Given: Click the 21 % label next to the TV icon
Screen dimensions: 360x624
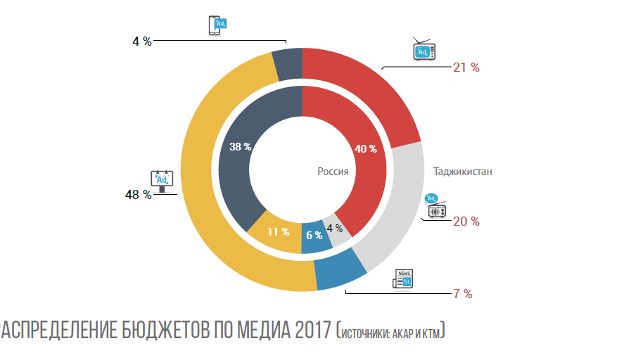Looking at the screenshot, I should coord(466,67).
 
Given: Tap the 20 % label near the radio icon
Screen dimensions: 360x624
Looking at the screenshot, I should coord(466,221).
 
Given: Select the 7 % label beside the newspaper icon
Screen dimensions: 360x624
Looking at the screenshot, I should coord(461,294).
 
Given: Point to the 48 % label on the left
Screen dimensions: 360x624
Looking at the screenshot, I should coord(138,195).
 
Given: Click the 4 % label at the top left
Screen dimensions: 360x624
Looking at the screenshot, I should coord(141,41).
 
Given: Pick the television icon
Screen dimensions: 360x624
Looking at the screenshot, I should coord(424,51).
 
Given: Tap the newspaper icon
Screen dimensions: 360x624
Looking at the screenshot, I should coord(403,279).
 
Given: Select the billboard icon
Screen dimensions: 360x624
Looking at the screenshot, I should coord(163,181).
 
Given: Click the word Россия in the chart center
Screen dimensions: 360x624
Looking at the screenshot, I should coord(333,171).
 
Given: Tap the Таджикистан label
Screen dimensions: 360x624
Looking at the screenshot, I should coord(462,171).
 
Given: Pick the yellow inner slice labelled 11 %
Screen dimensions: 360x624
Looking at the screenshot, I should coord(277,231).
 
